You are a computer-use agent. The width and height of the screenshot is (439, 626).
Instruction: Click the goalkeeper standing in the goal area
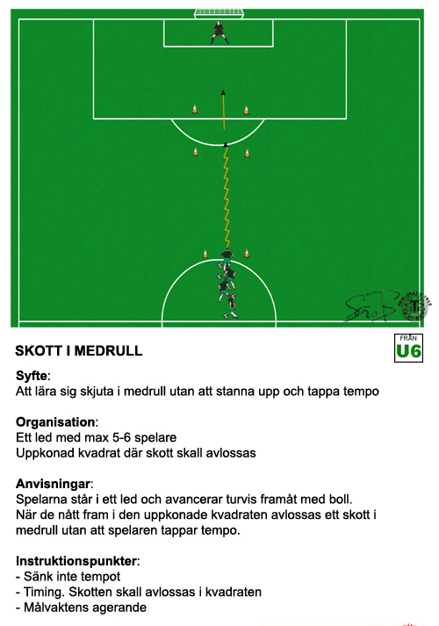[219, 32]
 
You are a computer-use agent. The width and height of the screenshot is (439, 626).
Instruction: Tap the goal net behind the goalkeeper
[219, 13]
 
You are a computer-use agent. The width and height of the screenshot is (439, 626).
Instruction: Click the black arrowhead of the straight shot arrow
[224, 92]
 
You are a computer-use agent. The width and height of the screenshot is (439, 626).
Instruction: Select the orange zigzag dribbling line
[227, 196]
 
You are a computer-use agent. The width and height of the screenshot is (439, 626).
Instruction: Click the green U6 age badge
[408, 349]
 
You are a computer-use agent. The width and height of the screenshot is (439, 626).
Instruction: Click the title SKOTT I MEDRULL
[79, 350]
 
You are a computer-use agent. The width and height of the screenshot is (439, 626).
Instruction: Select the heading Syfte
[32, 375]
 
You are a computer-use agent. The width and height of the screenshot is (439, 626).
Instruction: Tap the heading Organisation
[55, 421]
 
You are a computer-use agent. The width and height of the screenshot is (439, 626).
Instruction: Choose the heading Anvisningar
[53, 484]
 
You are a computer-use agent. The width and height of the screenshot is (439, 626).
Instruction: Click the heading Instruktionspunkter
[76, 561]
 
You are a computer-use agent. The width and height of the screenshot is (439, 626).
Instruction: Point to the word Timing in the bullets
[44, 592]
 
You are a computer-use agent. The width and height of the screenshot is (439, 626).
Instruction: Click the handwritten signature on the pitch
[371, 306]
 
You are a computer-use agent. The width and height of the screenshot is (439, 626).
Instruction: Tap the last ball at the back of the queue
[227, 315]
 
